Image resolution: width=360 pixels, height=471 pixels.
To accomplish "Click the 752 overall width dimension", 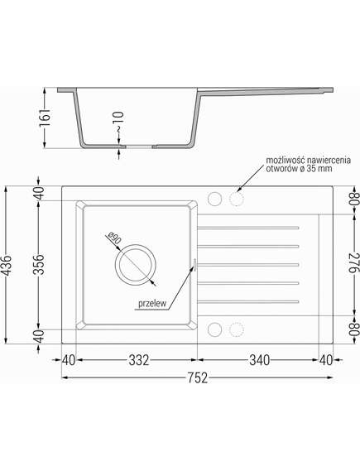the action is (197, 377).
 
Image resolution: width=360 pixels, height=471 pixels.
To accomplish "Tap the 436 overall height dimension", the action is (7, 265).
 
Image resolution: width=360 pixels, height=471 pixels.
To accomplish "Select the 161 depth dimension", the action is (46, 118).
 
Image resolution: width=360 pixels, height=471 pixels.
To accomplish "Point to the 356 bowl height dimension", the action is (39, 265).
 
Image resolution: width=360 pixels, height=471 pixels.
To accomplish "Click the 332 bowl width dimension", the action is (139, 360).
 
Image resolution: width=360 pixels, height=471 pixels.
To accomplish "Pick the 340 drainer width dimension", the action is (260, 360).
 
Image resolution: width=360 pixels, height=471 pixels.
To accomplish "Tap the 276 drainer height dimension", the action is (353, 263).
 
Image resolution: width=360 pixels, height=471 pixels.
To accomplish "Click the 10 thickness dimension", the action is (119, 118).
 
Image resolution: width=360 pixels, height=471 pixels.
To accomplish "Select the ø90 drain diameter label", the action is (114, 238).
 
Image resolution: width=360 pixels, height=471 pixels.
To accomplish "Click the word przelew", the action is (152, 304).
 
